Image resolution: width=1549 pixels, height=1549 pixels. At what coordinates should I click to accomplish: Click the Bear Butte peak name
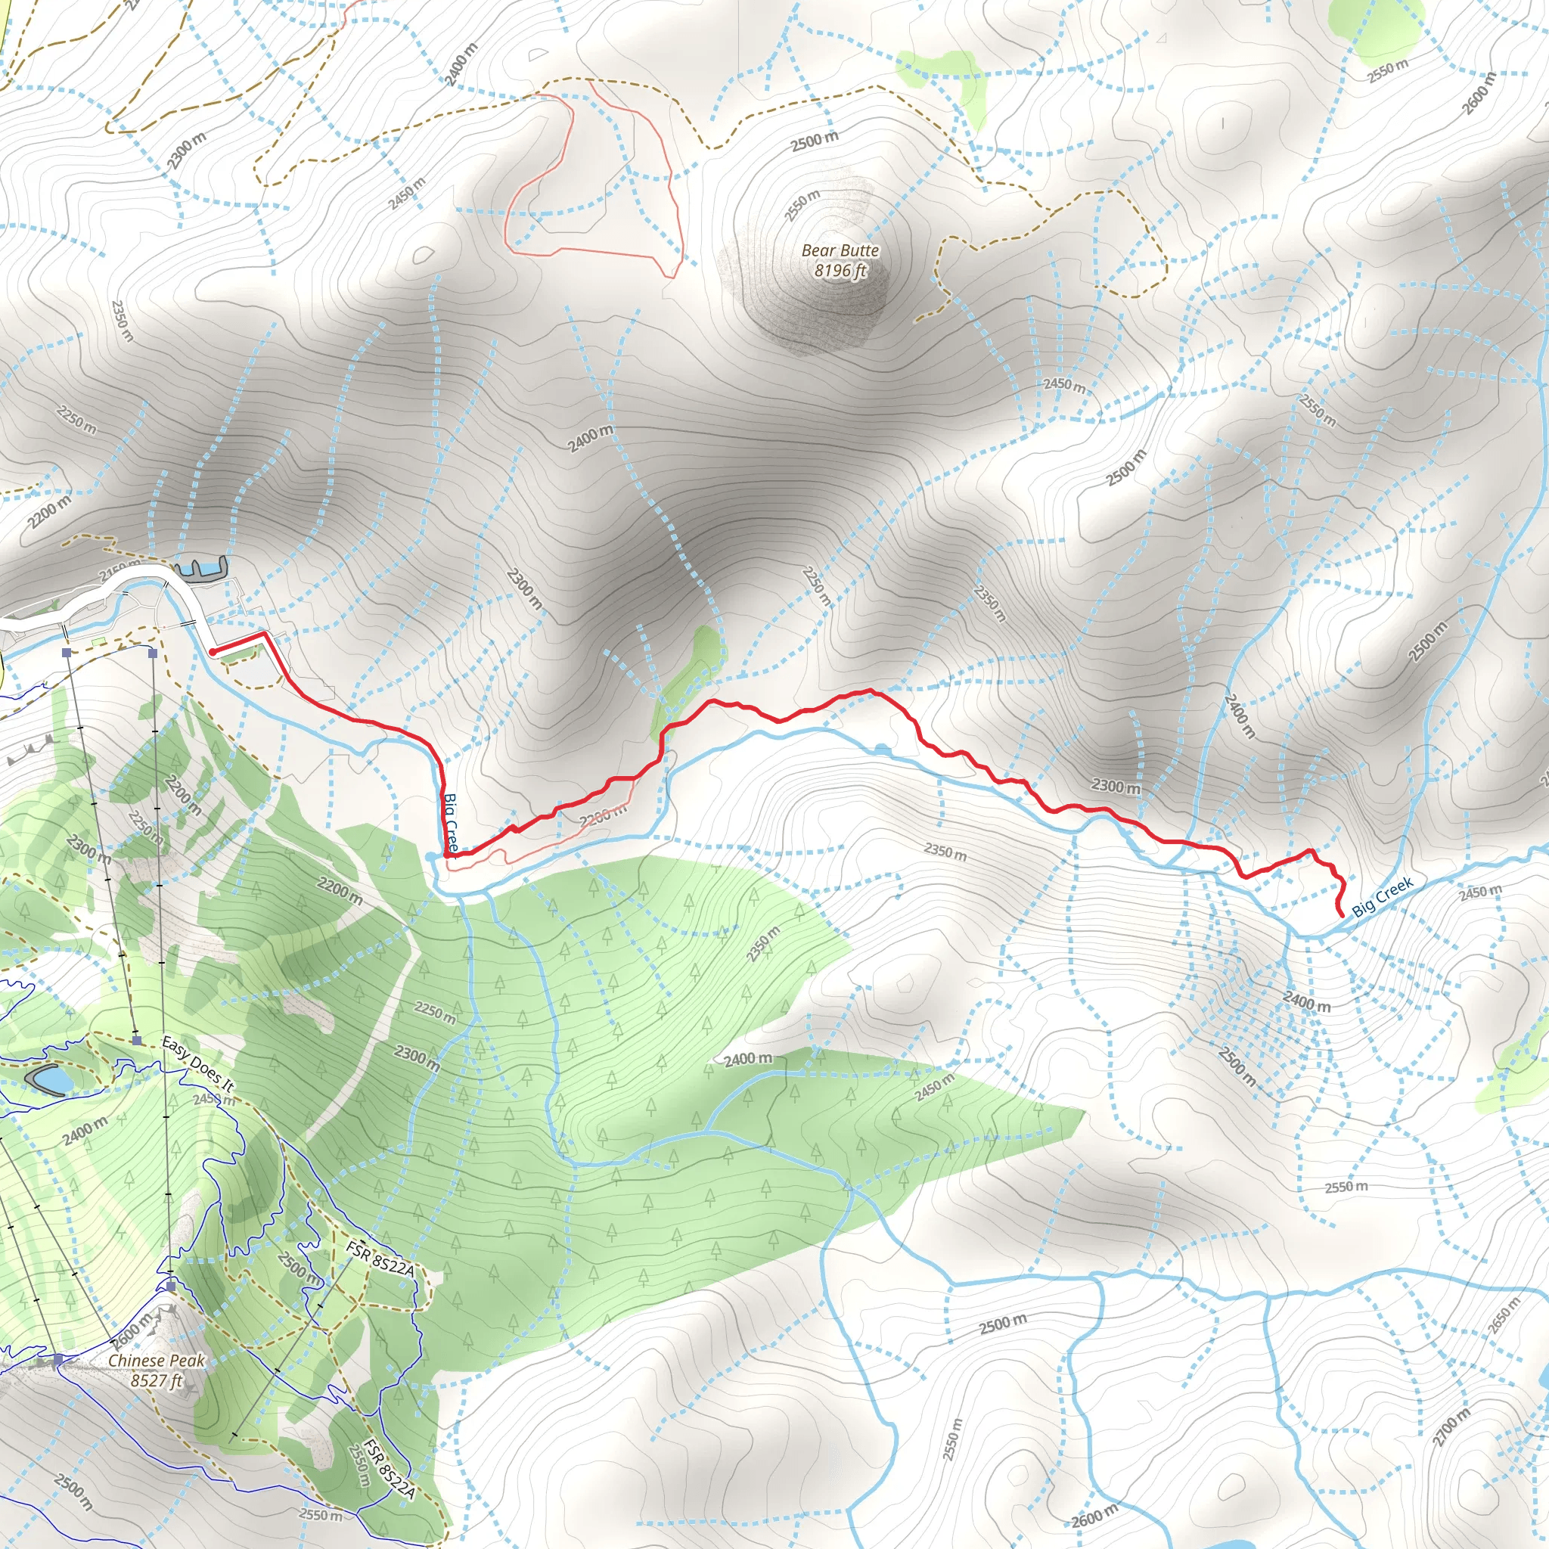[840, 250]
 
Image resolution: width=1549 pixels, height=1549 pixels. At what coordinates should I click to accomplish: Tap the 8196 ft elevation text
[840, 270]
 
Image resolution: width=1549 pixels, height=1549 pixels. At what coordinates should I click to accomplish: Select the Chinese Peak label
[157, 1361]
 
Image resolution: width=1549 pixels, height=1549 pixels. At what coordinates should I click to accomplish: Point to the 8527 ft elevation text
[157, 1380]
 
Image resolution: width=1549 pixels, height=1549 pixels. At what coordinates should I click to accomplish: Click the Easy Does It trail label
[197, 1064]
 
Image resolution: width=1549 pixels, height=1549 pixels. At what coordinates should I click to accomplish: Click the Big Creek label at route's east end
[1383, 897]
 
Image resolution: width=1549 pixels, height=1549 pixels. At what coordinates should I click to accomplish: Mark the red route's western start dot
[213, 652]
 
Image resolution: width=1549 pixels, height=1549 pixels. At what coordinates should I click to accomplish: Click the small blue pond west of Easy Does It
[50, 1081]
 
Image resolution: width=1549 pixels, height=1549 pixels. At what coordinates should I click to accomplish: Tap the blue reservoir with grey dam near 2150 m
[200, 569]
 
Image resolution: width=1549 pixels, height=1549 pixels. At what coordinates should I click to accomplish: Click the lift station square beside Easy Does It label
[137, 1041]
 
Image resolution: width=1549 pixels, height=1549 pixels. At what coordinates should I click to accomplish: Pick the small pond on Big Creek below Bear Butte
[883, 749]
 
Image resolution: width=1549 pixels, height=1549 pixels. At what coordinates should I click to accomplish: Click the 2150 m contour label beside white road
[118, 571]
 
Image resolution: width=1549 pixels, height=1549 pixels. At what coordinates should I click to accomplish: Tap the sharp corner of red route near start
[265, 634]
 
